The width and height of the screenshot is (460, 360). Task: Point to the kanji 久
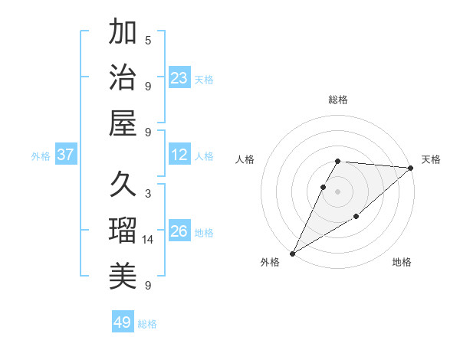(x=123, y=184)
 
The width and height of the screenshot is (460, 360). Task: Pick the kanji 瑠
(x=123, y=230)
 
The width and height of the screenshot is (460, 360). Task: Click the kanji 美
(x=123, y=275)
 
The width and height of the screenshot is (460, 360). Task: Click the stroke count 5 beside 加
(x=148, y=40)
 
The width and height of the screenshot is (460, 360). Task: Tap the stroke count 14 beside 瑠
(x=148, y=240)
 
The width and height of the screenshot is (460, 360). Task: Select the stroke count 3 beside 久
(x=148, y=194)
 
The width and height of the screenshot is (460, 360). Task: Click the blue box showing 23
(x=179, y=78)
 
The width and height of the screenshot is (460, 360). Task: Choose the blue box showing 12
(x=179, y=155)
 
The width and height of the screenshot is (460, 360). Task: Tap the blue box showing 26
(x=179, y=231)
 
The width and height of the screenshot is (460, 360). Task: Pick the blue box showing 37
(x=66, y=155)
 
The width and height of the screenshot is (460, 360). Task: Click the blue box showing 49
(x=123, y=322)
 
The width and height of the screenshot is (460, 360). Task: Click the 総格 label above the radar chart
(x=338, y=100)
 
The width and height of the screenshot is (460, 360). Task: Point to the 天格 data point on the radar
(x=411, y=169)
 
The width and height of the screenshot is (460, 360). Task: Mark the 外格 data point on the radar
(x=292, y=253)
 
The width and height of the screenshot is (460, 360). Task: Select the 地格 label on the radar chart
(x=402, y=263)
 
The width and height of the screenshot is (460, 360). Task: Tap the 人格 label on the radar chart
(x=245, y=160)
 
